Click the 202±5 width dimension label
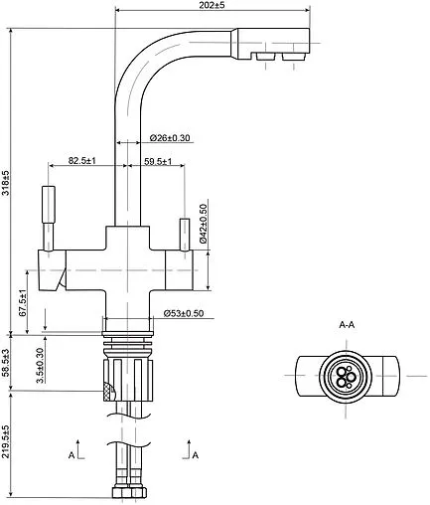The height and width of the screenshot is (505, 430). (212, 5)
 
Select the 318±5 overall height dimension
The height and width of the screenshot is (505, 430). (6, 183)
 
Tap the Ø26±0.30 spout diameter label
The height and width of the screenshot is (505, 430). (170, 138)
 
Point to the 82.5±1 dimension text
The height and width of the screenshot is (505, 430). (82, 161)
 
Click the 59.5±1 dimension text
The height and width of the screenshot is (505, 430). (158, 162)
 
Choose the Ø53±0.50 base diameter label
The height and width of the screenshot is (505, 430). (184, 313)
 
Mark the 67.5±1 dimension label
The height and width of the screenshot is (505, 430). (22, 303)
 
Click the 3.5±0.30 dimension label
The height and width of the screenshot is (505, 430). (40, 365)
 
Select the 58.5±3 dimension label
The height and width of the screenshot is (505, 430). (6, 363)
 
